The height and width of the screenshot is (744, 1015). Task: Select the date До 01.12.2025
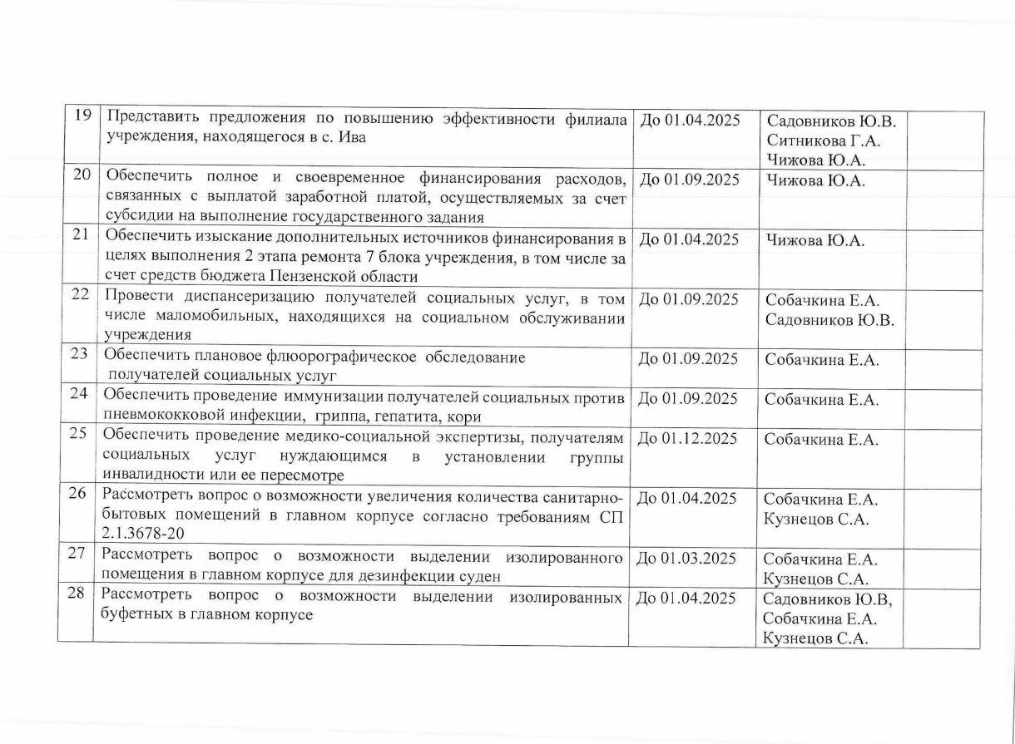[687, 439]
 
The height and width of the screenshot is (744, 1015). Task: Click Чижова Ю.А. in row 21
[815, 241]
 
